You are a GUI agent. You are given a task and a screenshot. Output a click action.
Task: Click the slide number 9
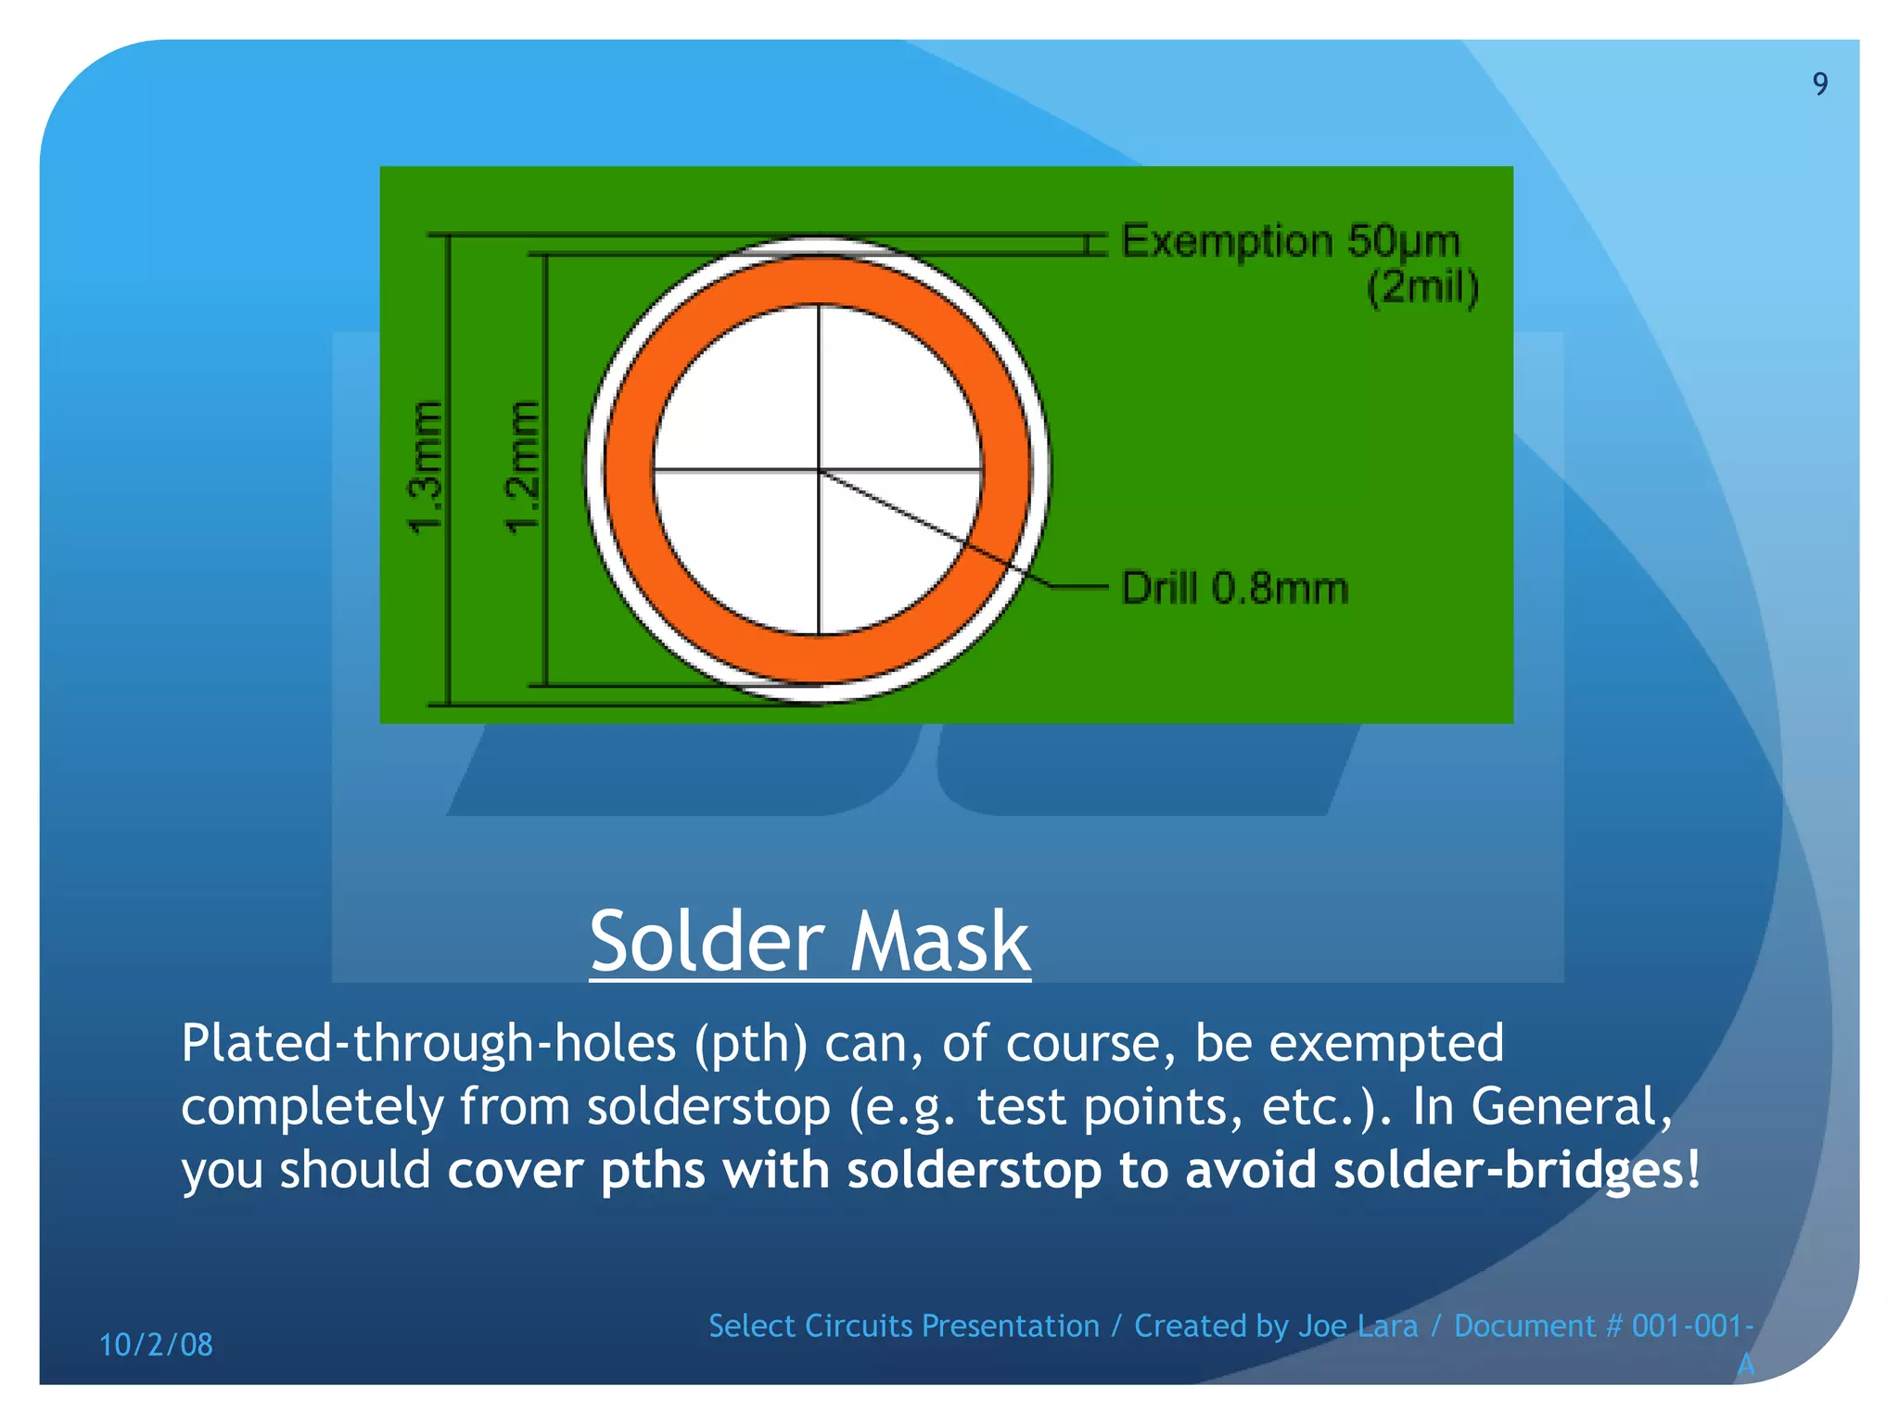[x=1820, y=84]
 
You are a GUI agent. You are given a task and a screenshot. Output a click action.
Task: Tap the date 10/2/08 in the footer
[x=156, y=1344]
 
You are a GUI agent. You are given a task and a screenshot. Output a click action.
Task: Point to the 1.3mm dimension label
[x=426, y=468]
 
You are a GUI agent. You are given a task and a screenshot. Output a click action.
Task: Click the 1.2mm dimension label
[x=521, y=468]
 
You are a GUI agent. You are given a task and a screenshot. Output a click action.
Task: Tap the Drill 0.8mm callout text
[x=1234, y=589]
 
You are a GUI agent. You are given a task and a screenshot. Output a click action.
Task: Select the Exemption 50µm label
[x=1291, y=241]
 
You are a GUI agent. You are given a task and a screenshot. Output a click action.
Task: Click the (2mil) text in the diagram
[x=1422, y=287]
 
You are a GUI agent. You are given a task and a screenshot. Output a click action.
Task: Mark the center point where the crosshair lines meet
[x=819, y=470]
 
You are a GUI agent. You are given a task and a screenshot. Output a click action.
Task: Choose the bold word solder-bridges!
[x=1517, y=1169]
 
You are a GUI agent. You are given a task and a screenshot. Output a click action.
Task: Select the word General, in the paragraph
[x=1572, y=1107]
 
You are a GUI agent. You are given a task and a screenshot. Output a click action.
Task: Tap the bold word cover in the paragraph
[x=516, y=1169]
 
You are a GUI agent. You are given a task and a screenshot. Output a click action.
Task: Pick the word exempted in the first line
[x=1386, y=1045]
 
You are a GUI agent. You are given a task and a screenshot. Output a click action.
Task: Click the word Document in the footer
[x=1524, y=1326]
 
